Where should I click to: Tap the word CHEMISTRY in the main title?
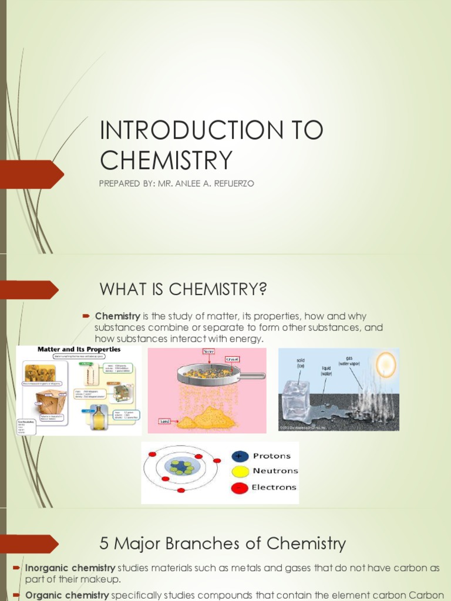click(x=166, y=160)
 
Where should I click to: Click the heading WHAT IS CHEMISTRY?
click(x=183, y=289)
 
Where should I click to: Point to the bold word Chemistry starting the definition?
click(x=117, y=316)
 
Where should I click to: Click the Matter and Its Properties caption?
click(x=79, y=349)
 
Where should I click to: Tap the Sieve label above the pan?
click(x=208, y=352)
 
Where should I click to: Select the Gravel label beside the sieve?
click(x=232, y=359)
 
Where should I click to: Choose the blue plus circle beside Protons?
click(x=240, y=456)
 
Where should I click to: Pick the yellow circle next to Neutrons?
click(x=240, y=471)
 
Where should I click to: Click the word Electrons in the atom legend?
click(x=274, y=487)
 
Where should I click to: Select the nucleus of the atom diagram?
click(x=183, y=467)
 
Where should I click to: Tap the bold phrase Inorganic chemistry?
click(x=70, y=568)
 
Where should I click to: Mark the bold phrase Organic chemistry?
click(x=66, y=596)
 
